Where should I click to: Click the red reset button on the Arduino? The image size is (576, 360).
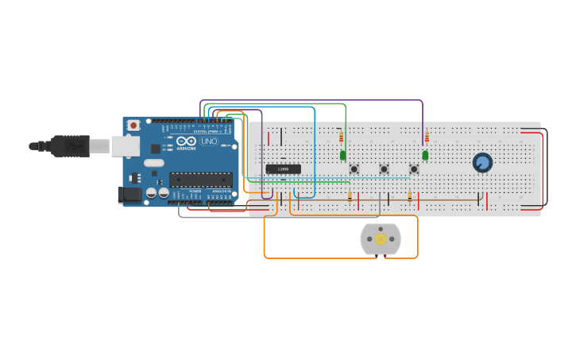click(x=133, y=125)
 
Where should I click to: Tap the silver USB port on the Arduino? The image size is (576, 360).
click(x=125, y=145)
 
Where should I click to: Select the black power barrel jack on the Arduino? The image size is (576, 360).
click(x=130, y=194)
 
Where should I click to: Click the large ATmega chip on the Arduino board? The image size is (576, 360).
click(x=200, y=180)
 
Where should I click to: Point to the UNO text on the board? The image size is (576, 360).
click(x=208, y=141)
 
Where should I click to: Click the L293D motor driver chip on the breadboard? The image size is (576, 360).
click(x=283, y=168)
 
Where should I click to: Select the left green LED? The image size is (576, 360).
click(x=343, y=155)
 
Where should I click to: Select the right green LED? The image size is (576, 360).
click(x=425, y=155)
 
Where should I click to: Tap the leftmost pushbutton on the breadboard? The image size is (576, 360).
click(x=354, y=168)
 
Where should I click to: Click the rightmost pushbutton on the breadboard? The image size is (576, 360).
click(x=413, y=168)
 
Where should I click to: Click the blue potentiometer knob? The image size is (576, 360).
click(x=482, y=162)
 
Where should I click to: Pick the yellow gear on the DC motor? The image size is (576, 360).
click(x=381, y=238)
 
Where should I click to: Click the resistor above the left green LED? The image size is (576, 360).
click(x=341, y=137)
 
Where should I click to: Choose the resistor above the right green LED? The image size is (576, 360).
click(x=427, y=137)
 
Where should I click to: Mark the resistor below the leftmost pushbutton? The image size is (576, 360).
click(x=350, y=197)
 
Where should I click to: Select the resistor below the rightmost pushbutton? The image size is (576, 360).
click(x=409, y=197)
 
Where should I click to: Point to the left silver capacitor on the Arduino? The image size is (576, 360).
click(x=150, y=193)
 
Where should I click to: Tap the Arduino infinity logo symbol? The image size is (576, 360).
click(x=185, y=141)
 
